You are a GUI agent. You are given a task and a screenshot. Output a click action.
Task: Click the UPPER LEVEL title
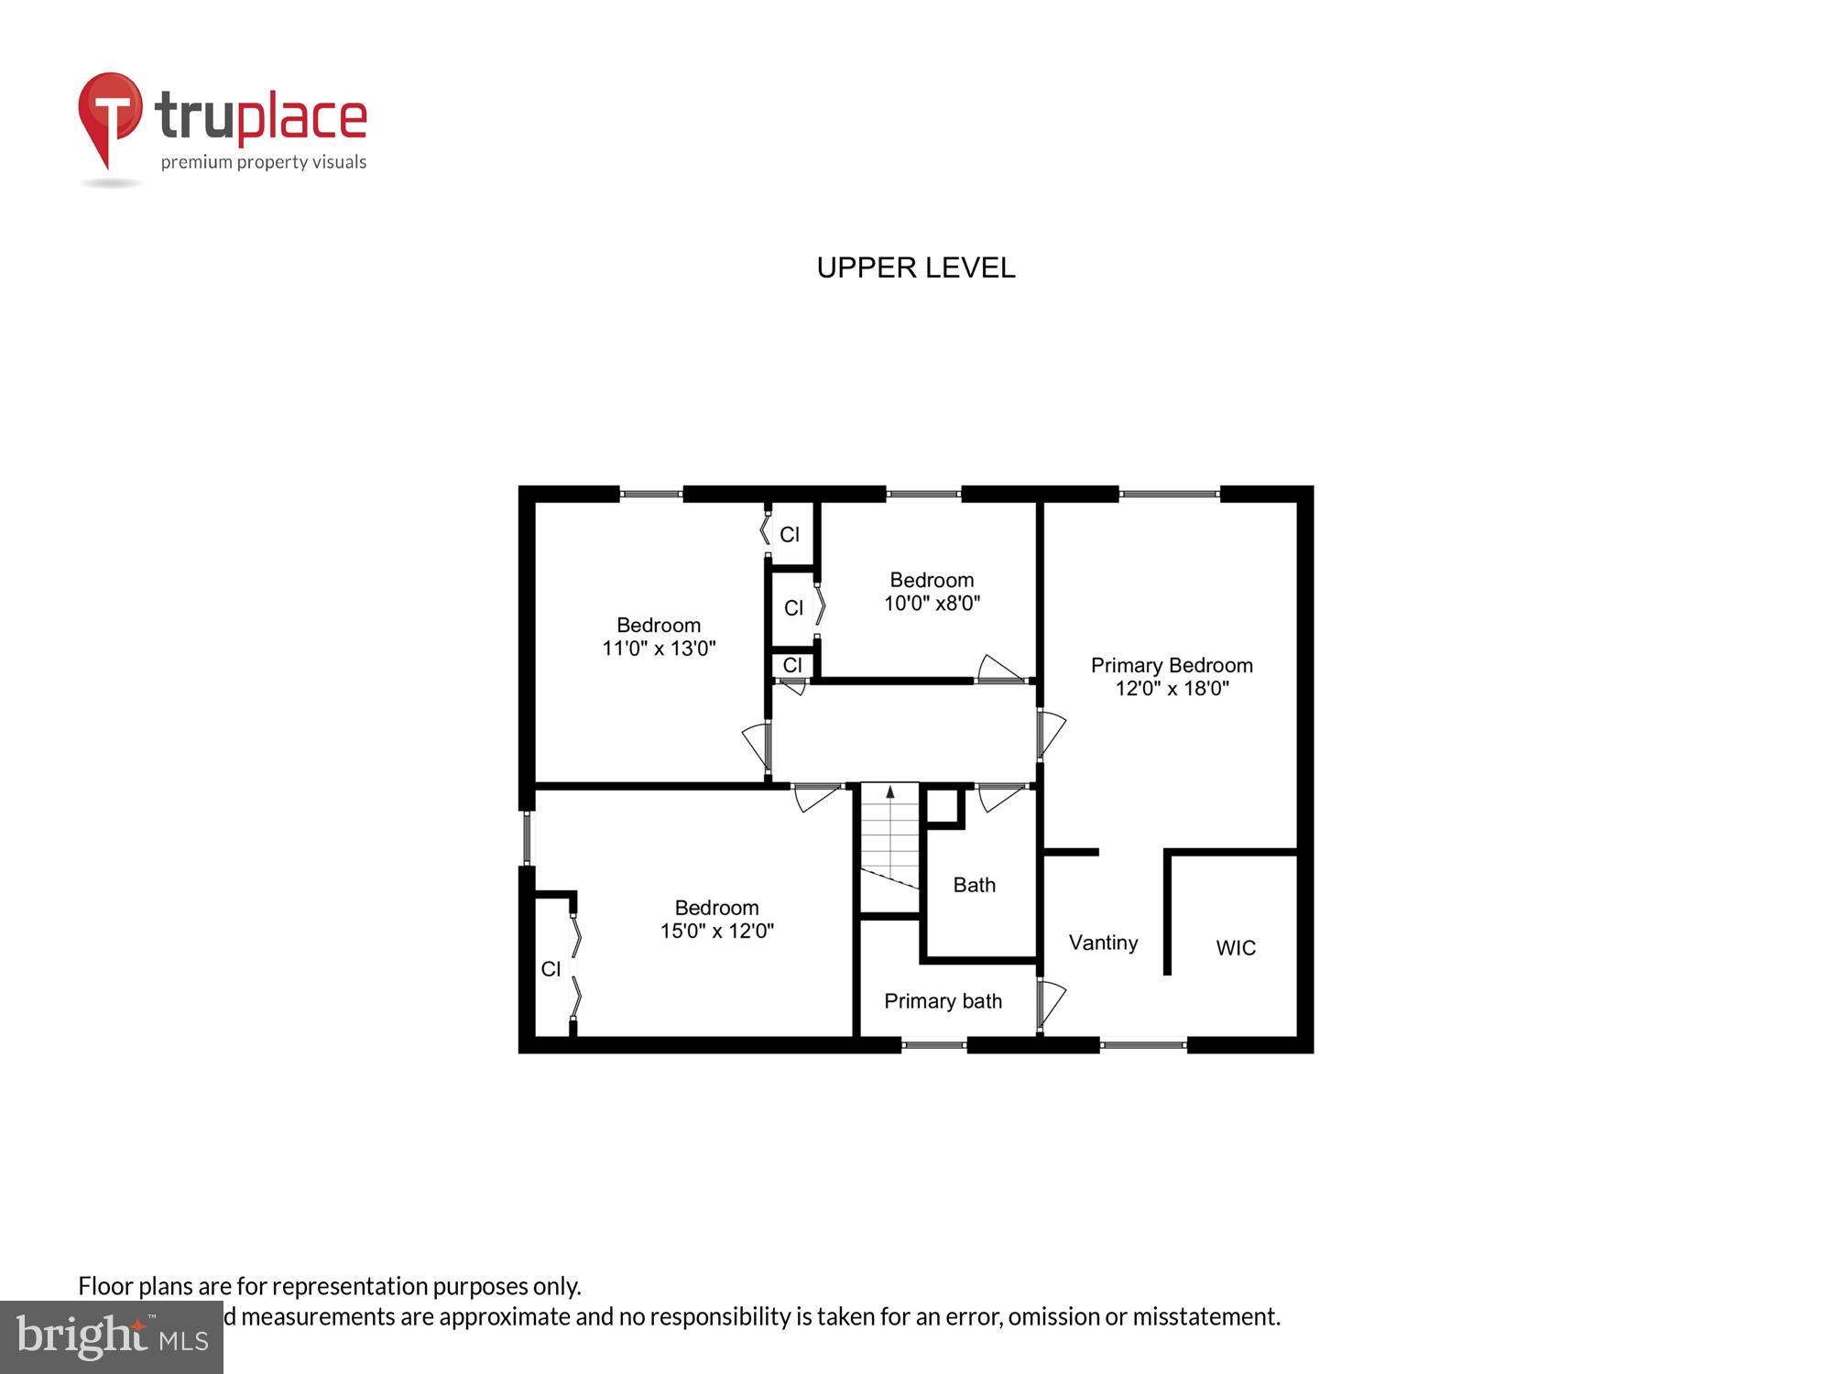[915, 267]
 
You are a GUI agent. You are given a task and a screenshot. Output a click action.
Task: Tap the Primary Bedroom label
[1171, 665]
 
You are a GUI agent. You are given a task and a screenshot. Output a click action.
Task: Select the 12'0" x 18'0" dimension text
[1171, 689]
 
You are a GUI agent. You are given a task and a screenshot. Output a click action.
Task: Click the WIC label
[1235, 948]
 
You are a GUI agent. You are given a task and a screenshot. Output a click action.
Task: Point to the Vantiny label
[1103, 943]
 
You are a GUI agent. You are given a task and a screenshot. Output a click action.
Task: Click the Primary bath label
[943, 1001]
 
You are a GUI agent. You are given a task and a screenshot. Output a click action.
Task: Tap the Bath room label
[974, 885]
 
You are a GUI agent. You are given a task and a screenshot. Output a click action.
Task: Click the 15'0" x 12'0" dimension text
[716, 932]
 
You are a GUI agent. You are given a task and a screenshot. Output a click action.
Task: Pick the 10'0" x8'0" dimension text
[932, 604]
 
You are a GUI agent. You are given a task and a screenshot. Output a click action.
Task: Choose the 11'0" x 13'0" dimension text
[659, 649]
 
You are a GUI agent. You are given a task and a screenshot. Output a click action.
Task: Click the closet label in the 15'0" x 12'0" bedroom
[551, 969]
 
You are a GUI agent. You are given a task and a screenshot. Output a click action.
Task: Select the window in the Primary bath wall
[933, 1045]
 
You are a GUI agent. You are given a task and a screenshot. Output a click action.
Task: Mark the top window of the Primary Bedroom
[1169, 495]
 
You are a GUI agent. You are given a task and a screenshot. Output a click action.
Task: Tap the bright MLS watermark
[112, 1338]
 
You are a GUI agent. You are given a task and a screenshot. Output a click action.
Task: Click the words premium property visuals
[264, 163]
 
